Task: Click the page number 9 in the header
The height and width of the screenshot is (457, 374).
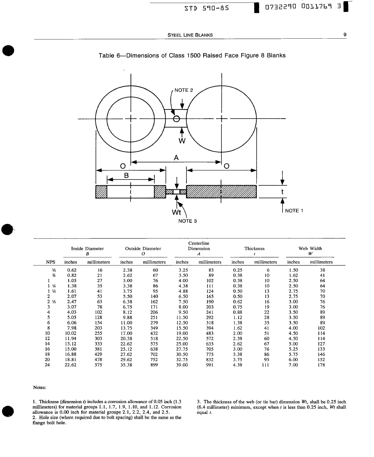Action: point(345,35)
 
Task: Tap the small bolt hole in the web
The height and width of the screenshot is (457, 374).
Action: point(177,119)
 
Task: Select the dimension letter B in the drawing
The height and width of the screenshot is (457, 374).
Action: point(127,175)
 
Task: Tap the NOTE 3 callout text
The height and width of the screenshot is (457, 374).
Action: point(187,221)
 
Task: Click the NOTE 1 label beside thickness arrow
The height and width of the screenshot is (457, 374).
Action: point(294,211)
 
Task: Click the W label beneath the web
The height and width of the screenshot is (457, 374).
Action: point(181,141)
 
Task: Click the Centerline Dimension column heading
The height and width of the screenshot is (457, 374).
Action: point(199,246)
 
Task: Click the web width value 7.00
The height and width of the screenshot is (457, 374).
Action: point(293,364)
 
